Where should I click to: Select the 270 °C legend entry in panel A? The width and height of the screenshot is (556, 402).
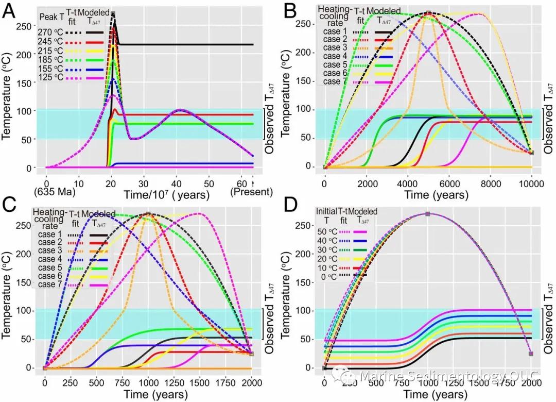50,32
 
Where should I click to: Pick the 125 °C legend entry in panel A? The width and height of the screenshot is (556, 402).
50,77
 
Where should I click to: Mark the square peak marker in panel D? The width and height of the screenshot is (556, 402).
427,213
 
